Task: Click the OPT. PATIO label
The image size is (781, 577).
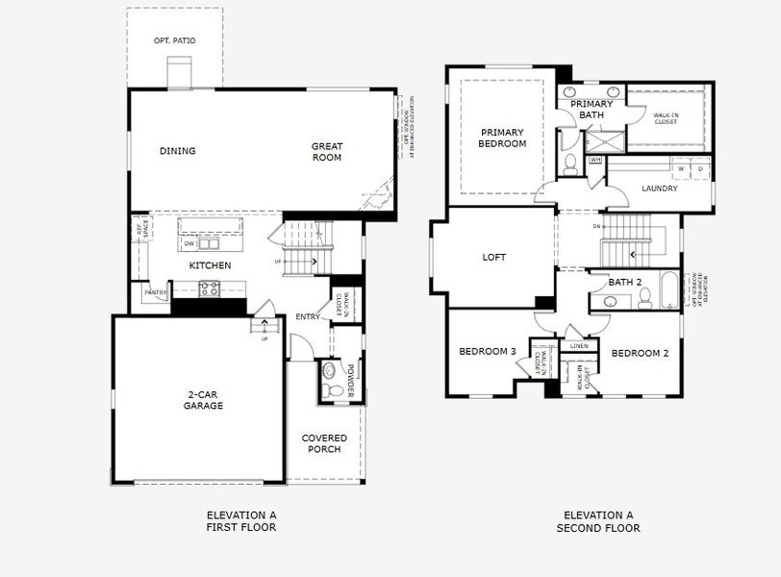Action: click(174, 41)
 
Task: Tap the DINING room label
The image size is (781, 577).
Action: click(178, 151)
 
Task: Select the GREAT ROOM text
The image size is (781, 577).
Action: click(327, 152)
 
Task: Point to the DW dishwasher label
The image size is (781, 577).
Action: click(189, 243)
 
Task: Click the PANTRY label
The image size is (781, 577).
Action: click(155, 292)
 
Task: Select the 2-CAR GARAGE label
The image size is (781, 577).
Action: click(204, 399)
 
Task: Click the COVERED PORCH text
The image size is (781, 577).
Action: click(324, 443)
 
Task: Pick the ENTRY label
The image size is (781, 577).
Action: click(308, 317)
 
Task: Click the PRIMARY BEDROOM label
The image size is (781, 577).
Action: click(503, 138)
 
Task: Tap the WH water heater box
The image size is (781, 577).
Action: click(595, 160)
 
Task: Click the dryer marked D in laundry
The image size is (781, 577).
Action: click(699, 169)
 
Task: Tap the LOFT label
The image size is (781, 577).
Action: click(494, 258)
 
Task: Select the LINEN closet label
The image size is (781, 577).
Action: click(579, 346)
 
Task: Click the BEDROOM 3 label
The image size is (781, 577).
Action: click(487, 351)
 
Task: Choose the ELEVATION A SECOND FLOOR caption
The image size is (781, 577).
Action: click(598, 521)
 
